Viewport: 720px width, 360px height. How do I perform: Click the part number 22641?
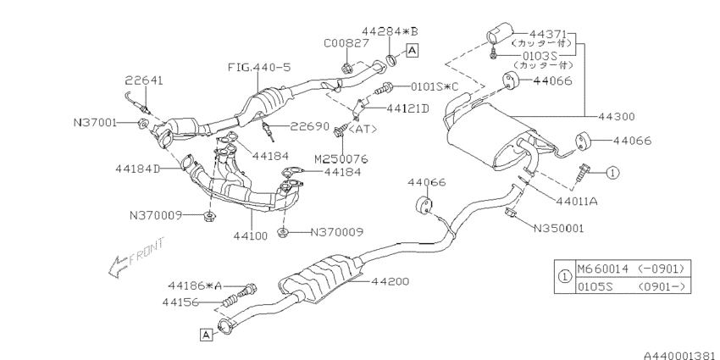pos(144,81)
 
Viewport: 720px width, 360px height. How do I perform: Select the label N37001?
pos(95,123)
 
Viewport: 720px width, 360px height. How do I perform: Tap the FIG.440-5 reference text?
pos(259,68)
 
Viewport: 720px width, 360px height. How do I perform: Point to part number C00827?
pos(346,43)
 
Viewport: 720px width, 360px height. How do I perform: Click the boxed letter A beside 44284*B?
pos(413,50)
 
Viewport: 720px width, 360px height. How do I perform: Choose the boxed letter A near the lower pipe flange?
pos(207,335)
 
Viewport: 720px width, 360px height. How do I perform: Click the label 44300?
pos(617,117)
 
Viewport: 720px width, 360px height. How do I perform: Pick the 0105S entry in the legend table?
pos(591,287)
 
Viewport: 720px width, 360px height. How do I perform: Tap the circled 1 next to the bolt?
pos(612,173)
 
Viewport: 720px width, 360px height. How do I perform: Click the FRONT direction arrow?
pos(136,259)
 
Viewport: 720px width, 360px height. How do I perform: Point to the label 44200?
pos(390,281)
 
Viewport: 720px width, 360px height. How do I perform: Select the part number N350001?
pos(558,228)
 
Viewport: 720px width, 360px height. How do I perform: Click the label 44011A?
pos(576,201)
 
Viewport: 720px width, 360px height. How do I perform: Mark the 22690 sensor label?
pos(310,126)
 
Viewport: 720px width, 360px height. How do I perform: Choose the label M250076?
pos(341,159)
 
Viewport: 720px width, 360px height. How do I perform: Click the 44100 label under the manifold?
pos(250,236)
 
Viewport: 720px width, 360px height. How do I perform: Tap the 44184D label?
pos(138,169)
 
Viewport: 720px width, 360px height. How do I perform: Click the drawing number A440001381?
pos(681,356)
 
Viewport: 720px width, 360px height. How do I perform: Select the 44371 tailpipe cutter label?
pos(548,35)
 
